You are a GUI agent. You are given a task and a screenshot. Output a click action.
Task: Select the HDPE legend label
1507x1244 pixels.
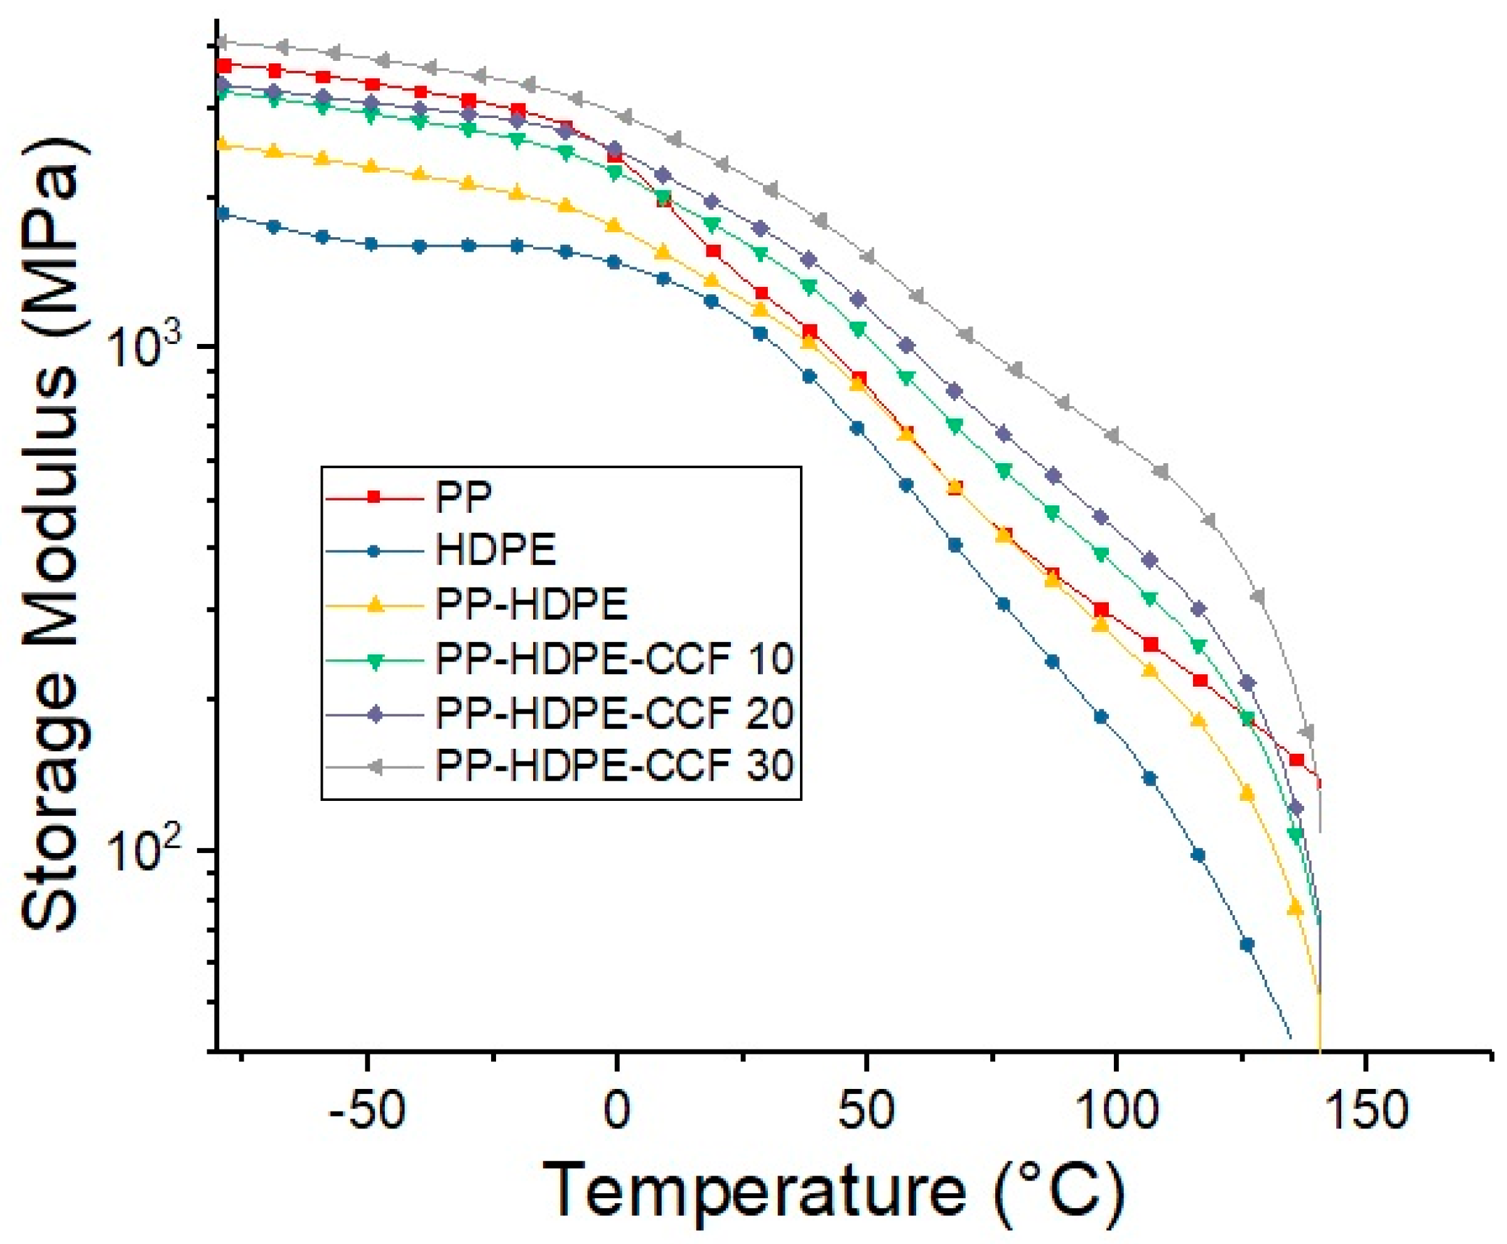click(x=495, y=551)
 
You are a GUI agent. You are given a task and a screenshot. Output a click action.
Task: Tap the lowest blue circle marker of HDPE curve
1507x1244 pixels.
click(x=1247, y=945)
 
